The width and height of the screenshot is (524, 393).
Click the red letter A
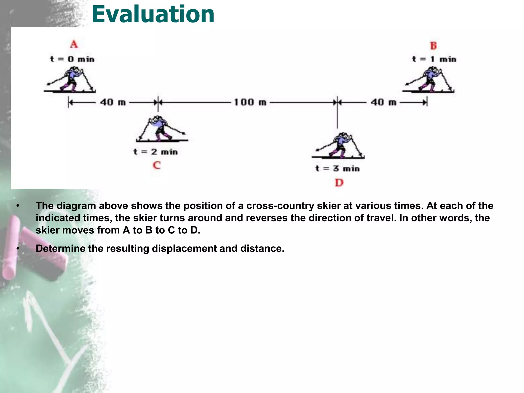tap(74, 44)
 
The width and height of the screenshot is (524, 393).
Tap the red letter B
tap(433, 46)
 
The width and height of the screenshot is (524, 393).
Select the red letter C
tap(157, 165)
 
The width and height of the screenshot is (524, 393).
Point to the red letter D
tap(339, 183)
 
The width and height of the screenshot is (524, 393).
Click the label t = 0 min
tap(72, 59)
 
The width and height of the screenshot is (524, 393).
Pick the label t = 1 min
tap(434, 59)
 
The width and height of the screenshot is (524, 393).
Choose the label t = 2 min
tap(156, 152)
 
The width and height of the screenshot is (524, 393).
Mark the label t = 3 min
tap(337, 168)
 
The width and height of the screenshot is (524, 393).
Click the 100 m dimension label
tap(250, 102)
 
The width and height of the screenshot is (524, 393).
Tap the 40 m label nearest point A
tap(113, 102)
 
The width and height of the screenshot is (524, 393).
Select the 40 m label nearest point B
tap(383, 102)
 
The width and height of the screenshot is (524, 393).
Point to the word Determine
tap(60, 248)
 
